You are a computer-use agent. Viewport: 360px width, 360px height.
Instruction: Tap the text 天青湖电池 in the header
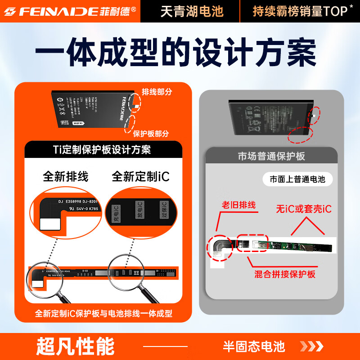pos(192,11)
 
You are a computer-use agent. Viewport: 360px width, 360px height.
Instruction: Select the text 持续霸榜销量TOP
pos(299,11)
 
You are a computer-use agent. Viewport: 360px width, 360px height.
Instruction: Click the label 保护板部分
pos(151,133)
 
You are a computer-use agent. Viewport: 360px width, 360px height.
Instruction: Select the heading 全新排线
pos(66,176)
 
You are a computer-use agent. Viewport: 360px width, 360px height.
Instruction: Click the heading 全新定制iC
pos(140,176)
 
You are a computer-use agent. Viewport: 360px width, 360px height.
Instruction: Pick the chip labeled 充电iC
pos(116,212)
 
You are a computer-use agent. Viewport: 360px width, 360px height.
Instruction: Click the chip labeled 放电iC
pos(139,210)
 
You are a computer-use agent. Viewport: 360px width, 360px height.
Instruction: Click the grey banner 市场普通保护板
pos(271,156)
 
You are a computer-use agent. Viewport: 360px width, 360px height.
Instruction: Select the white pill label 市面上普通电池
pos(297,179)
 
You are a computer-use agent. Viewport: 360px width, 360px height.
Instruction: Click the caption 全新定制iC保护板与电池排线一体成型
pos(103,314)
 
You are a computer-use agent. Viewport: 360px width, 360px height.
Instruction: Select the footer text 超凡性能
pos(75,346)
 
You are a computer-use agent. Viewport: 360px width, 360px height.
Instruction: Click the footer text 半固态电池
pos(254,346)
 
